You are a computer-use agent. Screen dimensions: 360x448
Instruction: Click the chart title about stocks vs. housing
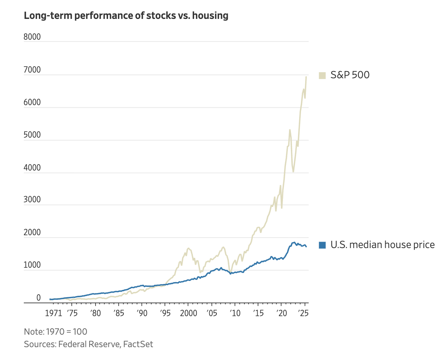126,16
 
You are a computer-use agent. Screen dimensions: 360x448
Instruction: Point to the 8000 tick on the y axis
32,37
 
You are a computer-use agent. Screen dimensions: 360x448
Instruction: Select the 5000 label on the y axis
32,135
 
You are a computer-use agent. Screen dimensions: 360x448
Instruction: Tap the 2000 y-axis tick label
32,233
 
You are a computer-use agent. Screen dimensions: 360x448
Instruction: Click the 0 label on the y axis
39,298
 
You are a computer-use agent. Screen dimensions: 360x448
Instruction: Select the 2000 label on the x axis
188,313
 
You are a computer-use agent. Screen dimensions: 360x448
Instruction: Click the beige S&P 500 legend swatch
322,75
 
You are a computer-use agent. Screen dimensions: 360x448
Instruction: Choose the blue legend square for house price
322,245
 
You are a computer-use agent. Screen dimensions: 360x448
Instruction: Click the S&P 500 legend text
350,75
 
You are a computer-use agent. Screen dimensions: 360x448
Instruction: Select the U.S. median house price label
382,245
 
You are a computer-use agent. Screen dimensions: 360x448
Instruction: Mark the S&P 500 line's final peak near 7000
306,77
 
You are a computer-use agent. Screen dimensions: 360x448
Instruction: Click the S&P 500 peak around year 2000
188,248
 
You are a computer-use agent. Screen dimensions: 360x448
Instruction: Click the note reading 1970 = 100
56,332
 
